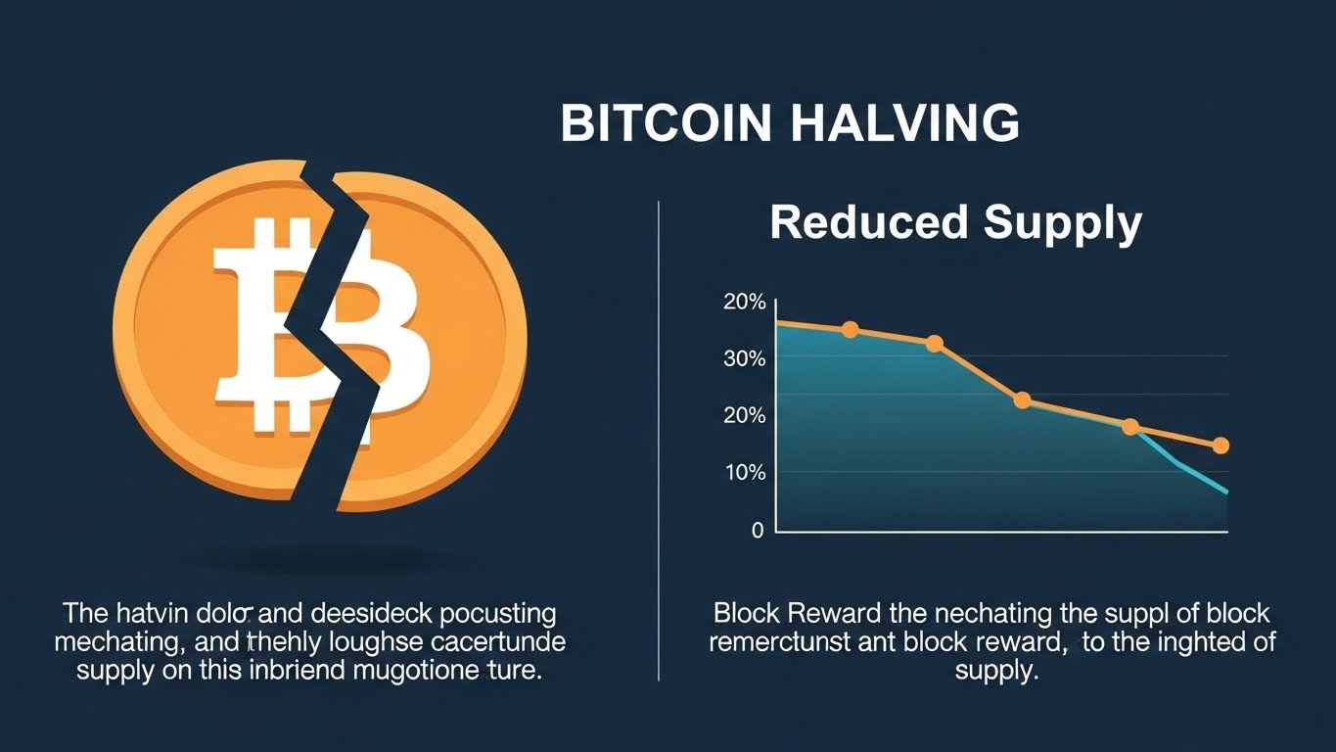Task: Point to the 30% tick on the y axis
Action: (x=744, y=358)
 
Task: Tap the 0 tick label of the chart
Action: (x=757, y=531)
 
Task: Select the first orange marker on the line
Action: (x=850, y=330)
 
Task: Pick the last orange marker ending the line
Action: (x=1221, y=446)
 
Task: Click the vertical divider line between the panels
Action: (x=659, y=441)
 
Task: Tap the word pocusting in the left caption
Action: (x=496, y=614)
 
